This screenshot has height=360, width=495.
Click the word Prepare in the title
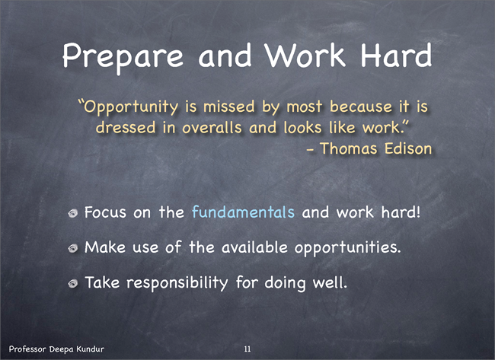point(123,57)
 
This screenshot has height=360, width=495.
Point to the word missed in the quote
point(229,106)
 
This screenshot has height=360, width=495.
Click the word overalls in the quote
point(212,127)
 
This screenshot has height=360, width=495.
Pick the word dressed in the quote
point(126,127)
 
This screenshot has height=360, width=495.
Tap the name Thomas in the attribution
point(349,148)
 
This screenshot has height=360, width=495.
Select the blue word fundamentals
point(243,212)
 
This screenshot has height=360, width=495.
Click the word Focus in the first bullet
point(105,212)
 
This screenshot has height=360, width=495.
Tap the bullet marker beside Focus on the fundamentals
point(73,214)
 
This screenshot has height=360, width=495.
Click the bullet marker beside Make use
point(73,249)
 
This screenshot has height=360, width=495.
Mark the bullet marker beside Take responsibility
point(73,284)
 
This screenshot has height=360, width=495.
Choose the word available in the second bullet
point(254,247)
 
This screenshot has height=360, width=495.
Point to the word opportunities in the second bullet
point(347,248)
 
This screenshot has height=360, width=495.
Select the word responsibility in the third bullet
point(177,283)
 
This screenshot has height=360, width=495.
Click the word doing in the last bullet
point(285,283)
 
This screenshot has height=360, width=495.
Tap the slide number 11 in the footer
point(247,349)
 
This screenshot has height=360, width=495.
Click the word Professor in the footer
point(28,349)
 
